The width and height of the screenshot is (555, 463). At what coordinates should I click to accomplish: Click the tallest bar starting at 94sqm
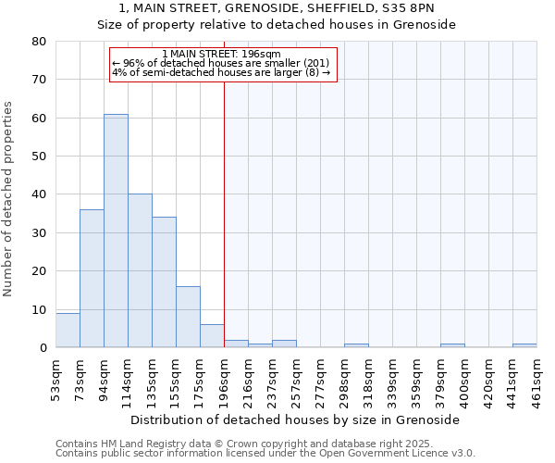pos(116,231)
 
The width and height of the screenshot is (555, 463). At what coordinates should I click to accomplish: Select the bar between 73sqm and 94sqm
pos(92,278)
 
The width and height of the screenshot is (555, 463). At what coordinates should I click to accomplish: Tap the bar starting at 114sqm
pos(140,270)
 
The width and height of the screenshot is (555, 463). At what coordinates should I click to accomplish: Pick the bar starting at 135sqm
pos(164,282)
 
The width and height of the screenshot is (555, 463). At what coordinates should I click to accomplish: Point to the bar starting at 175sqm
pos(212,336)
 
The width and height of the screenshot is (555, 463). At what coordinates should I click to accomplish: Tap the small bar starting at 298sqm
pos(356,345)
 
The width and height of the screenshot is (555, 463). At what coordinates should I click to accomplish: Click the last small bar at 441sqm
pos(524,345)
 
